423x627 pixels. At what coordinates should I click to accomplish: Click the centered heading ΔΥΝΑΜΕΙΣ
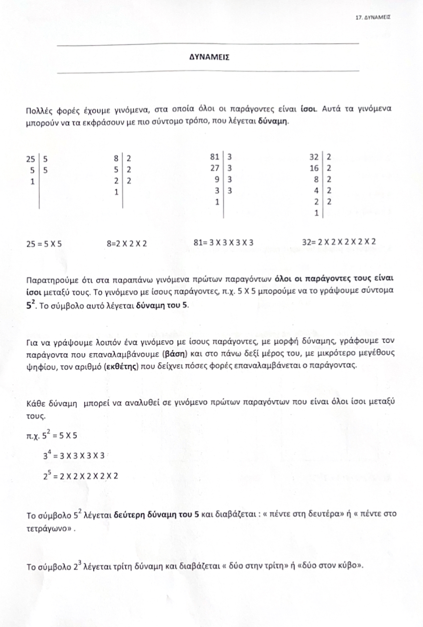(209, 57)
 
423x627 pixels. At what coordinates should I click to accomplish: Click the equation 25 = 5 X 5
(44, 244)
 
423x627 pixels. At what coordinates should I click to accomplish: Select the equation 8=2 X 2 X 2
(127, 244)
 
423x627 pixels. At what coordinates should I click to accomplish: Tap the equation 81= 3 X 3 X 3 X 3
(224, 243)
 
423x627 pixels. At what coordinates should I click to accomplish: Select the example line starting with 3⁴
(73, 457)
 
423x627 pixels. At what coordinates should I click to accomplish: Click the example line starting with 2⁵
(80, 476)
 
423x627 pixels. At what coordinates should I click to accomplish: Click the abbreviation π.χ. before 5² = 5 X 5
(34, 438)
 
